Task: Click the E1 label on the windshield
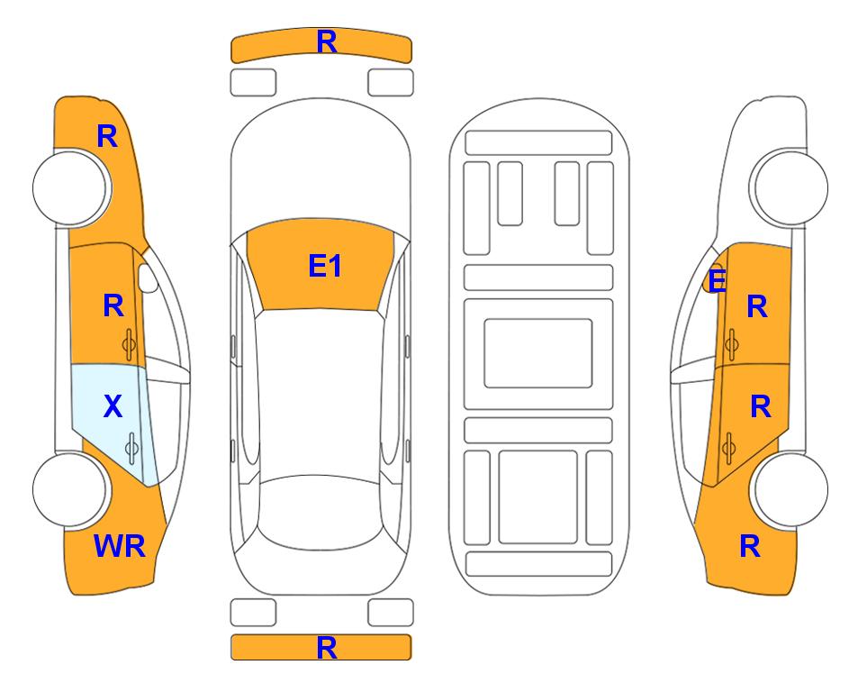coord(325,266)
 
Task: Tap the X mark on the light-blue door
coord(113,406)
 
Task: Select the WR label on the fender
coord(120,546)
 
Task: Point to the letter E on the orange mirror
coord(718,281)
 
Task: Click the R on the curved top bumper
coord(327,41)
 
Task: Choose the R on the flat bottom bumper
coord(327,648)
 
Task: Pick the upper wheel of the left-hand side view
coord(70,187)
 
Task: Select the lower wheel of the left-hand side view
coord(70,489)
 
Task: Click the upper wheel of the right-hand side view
coord(790,187)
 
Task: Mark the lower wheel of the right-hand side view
coord(790,489)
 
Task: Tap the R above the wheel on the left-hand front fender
coord(107,136)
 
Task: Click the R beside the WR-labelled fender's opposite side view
coord(750,546)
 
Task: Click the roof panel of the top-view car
coord(320,394)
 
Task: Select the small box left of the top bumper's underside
coord(253,83)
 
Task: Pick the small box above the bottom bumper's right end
coord(391,613)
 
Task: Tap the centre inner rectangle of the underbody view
coord(538,353)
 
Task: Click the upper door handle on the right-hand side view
coord(732,343)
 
